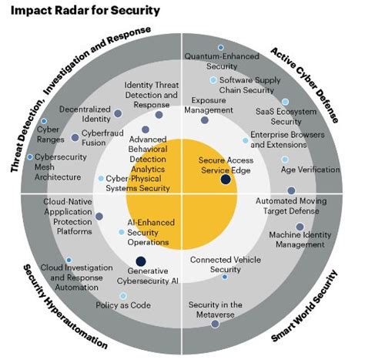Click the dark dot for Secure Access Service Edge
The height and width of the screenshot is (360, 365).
click(225, 180)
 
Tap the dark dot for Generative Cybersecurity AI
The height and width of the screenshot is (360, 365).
click(141, 261)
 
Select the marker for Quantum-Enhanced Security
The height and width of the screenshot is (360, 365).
click(221, 48)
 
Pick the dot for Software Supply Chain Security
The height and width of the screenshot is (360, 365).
click(213, 79)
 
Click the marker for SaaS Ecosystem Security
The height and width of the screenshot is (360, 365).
click(285, 102)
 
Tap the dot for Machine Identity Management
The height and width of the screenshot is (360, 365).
click(300, 227)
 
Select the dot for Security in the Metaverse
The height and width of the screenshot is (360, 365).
click(215, 324)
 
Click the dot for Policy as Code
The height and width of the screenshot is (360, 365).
click(101, 294)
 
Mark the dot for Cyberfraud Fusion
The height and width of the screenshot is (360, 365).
click(75, 135)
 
